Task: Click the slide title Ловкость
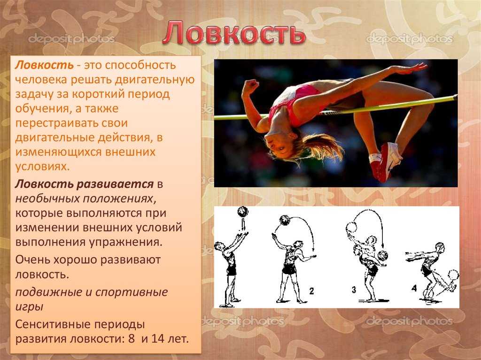[234, 33]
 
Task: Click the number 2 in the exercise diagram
[311, 291]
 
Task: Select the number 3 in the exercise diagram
[354, 290]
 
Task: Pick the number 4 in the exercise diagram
[414, 288]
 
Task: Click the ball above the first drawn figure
[243, 212]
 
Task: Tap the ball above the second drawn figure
[285, 220]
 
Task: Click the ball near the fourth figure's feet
[453, 275]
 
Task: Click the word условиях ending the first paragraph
[42, 167]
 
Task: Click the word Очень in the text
[32, 260]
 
